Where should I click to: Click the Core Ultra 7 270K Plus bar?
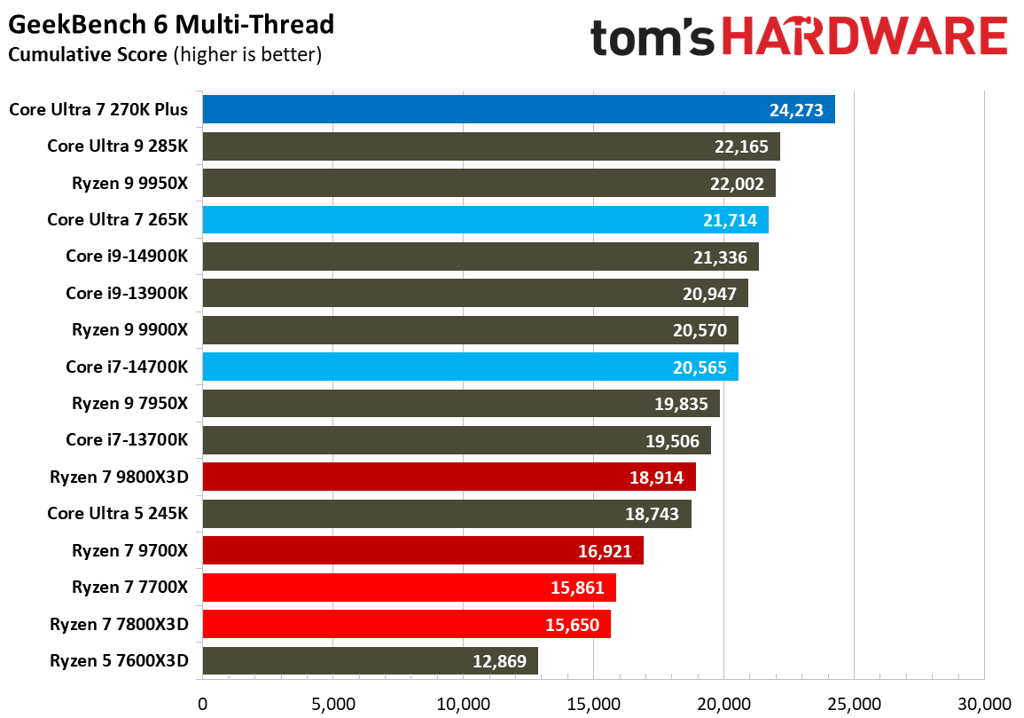[518, 109]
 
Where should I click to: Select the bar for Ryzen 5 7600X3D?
[370, 660]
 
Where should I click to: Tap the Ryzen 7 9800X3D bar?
[449, 477]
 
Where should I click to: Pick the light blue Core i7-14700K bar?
[470, 367]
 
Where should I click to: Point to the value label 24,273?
[796, 110]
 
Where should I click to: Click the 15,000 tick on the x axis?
[594, 703]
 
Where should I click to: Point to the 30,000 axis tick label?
[984, 703]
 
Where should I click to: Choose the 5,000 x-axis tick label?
[333, 703]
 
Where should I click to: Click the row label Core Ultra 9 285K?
[118, 146]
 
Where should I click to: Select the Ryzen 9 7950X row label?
[130, 404]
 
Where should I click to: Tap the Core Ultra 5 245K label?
[118, 514]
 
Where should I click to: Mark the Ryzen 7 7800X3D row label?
[120, 624]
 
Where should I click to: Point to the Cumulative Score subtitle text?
[87, 55]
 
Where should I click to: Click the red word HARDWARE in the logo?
[865, 37]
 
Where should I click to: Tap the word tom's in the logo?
[653, 37]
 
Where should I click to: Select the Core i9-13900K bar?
[475, 293]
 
